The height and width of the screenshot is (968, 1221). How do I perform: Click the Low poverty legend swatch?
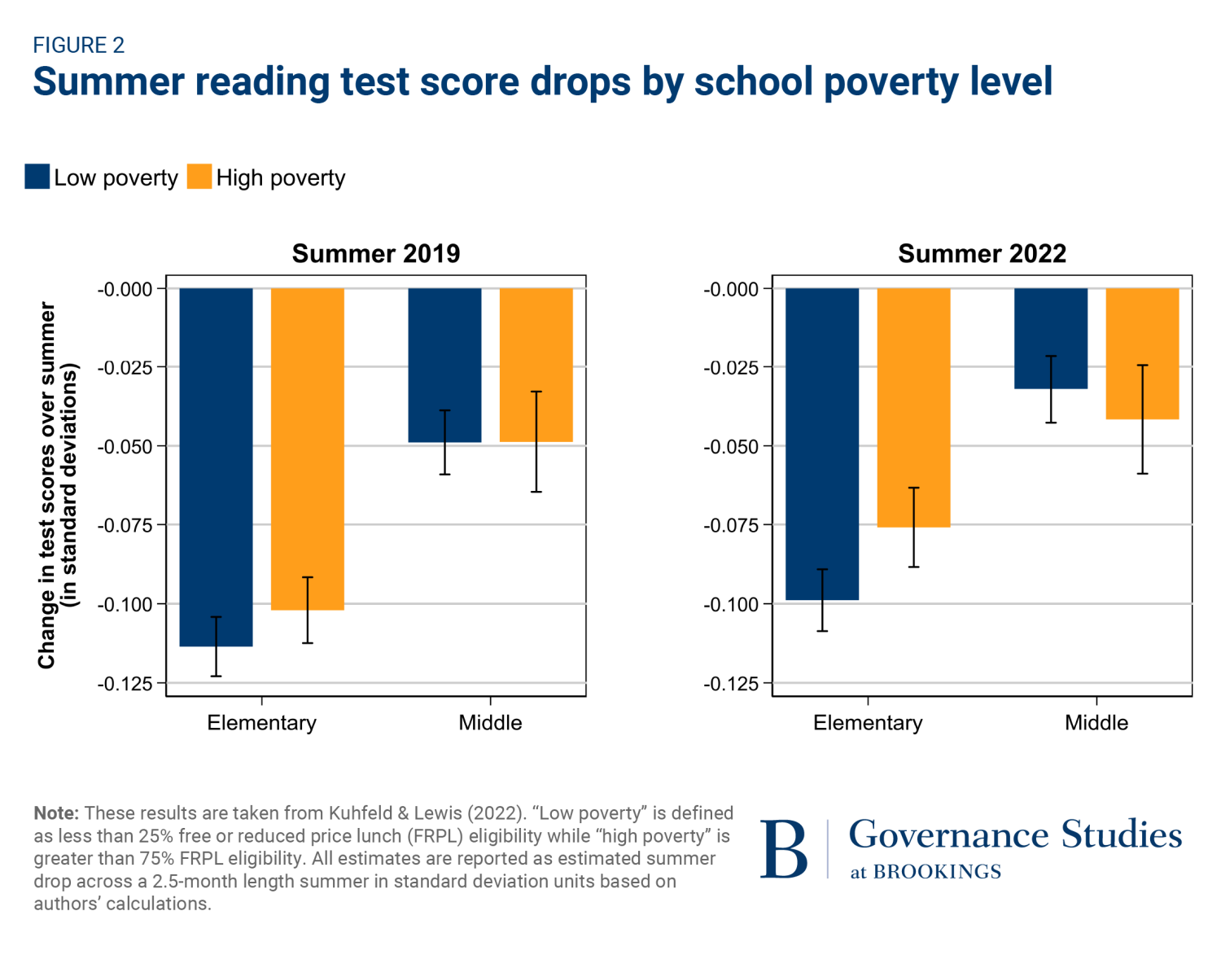[37, 177]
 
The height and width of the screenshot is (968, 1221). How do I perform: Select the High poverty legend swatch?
[199, 177]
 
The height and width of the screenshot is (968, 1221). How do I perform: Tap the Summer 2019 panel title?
[376, 254]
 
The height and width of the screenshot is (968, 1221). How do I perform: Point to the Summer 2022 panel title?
[982, 254]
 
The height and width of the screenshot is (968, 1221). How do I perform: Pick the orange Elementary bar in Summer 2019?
[308, 449]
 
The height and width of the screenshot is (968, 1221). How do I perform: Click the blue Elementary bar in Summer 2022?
[822, 444]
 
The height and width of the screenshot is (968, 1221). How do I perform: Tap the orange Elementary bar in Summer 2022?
[913, 407]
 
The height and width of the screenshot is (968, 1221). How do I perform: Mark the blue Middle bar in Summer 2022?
[1051, 338]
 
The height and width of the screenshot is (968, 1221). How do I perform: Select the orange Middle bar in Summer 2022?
[1142, 353]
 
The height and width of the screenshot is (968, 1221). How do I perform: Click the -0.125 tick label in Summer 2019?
[125, 684]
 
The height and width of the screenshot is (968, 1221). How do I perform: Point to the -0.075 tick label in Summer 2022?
[731, 526]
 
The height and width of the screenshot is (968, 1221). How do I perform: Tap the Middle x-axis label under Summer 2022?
[1096, 723]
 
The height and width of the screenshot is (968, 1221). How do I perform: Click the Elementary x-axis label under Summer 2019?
[261, 723]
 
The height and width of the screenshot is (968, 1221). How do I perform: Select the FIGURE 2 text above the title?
[79, 46]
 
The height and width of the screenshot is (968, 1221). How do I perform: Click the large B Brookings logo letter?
[784, 850]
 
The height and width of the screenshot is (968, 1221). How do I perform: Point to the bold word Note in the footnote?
[55, 813]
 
